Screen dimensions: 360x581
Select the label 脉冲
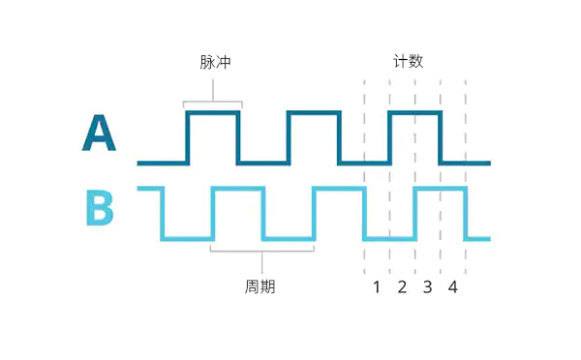tap(214, 62)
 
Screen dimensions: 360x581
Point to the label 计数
tap(408, 62)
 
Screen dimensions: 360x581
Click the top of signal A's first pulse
tap(213, 113)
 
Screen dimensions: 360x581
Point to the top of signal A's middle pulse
tap(314, 113)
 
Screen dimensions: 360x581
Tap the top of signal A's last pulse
tap(415, 113)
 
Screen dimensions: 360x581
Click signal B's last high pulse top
tap(441, 189)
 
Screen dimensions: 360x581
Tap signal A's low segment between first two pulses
tap(263, 163)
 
